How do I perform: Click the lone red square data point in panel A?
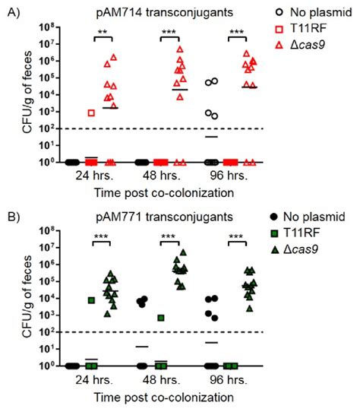[91, 113]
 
